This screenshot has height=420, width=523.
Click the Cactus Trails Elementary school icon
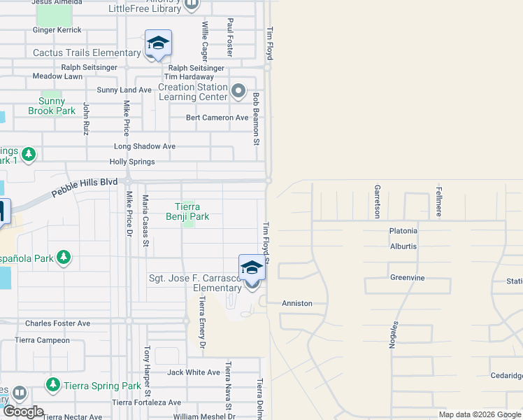158,44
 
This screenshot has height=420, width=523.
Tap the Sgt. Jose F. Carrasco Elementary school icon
252,267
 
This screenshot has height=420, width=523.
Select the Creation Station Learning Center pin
239,90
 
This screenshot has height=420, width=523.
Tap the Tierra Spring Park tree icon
52,384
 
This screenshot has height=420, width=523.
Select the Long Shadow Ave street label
145,147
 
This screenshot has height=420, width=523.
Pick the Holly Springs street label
132,162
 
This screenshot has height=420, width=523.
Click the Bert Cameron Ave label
217,118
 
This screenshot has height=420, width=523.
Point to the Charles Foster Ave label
58,323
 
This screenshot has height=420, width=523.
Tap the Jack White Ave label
194,372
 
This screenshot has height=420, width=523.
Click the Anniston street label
296,304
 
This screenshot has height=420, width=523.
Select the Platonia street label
403,231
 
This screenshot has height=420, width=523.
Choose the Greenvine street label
408,278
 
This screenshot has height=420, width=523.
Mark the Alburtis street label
404,246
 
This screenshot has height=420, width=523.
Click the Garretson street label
378,200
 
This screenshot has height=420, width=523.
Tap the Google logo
23,412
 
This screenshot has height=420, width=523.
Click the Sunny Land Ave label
124,90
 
